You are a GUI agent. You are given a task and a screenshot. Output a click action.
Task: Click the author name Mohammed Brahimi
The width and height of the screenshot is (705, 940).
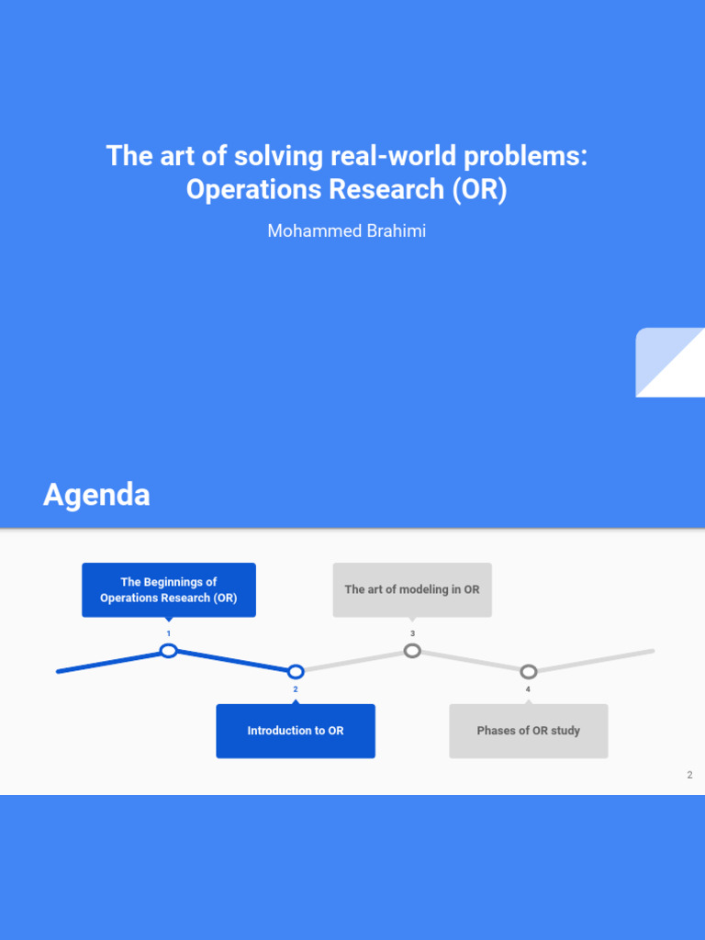pyautogui.click(x=346, y=230)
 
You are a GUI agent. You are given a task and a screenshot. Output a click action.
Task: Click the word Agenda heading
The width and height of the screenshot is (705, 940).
pyautogui.click(x=96, y=496)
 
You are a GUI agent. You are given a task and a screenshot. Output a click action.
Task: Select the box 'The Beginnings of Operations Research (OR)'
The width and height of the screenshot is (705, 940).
pyautogui.click(x=169, y=589)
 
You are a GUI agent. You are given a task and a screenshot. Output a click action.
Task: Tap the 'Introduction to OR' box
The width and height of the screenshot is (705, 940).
pyautogui.click(x=296, y=731)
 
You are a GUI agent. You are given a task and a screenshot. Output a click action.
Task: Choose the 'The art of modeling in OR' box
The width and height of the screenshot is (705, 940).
pyautogui.click(x=412, y=589)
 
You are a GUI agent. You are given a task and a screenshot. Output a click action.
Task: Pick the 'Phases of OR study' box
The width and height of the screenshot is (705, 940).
pyautogui.click(x=528, y=731)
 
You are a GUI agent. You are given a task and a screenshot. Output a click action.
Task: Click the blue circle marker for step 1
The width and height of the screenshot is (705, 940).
pyautogui.click(x=169, y=651)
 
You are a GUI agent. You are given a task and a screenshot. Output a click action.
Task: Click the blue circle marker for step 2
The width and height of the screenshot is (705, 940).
pyautogui.click(x=296, y=671)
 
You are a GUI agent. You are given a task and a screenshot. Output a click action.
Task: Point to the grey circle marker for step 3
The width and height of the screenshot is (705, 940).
pyautogui.click(x=412, y=651)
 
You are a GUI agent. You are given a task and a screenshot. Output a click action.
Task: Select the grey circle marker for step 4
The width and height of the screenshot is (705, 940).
pyautogui.click(x=528, y=671)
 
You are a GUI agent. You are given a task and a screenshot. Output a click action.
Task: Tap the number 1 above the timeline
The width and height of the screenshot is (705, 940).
pyautogui.click(x=169, y=634)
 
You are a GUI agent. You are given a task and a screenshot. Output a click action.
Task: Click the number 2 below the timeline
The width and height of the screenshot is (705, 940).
pyautogui.click(x=296, y=688)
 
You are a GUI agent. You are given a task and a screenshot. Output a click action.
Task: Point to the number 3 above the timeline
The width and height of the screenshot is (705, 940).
pyautogui.click(x=412, y=634)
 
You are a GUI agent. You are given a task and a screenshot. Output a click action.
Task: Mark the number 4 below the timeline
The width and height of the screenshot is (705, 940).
pyautogui.click(x=528, y=688)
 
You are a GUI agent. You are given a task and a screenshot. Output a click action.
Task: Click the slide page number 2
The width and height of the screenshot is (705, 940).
pyautogui.click(x=689, y=776)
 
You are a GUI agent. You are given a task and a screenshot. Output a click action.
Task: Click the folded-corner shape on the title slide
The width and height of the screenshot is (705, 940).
pyautogui.click(x=670, y=363)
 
